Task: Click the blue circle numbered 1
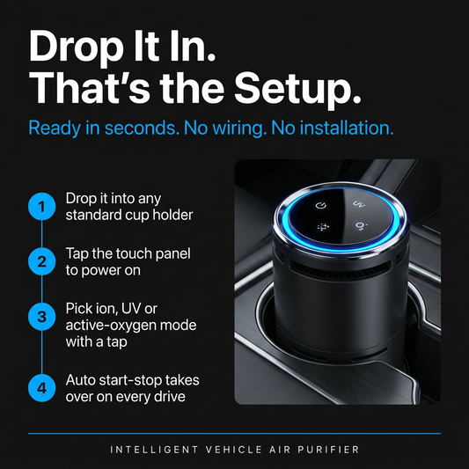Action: tap(42, 207)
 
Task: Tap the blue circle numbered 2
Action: tap(42, 261)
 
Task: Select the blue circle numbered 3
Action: tap(42, 317)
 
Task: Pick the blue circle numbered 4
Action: tap(42, 388)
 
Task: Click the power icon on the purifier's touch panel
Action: tap(321, 205)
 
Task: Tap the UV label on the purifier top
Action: tap(359, 204)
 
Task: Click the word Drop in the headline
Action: tap(76, 47)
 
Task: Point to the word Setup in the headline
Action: tap(297, 88)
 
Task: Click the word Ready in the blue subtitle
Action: tap(55, 128)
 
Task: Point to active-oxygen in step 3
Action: tap(111, 326)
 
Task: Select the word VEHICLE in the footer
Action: tap(234, 450)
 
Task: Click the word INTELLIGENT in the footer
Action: tap(154, 450)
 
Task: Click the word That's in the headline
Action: tap(90, 88)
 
